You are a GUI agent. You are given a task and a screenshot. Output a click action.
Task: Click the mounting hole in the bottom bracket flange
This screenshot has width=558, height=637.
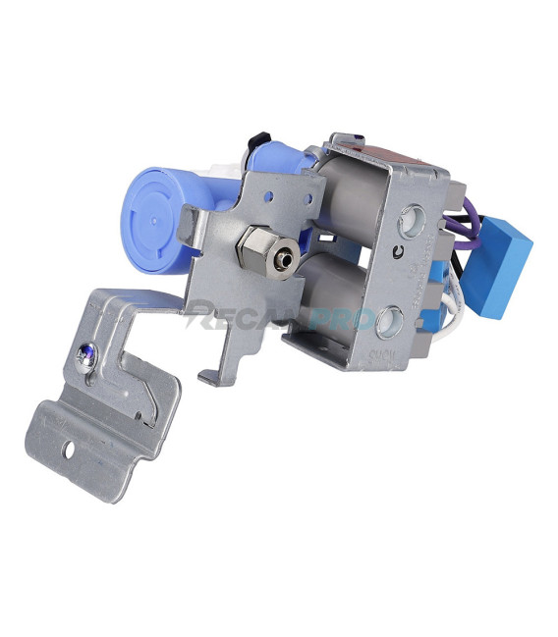pyautogui.click(x=71, y=453)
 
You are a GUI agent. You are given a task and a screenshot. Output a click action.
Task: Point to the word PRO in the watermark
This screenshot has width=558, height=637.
pyautogui.click(x=339, y=319)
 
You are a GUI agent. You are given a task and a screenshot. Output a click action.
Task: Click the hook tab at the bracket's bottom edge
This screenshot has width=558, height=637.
pyautogui.click(x=208, y=377)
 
